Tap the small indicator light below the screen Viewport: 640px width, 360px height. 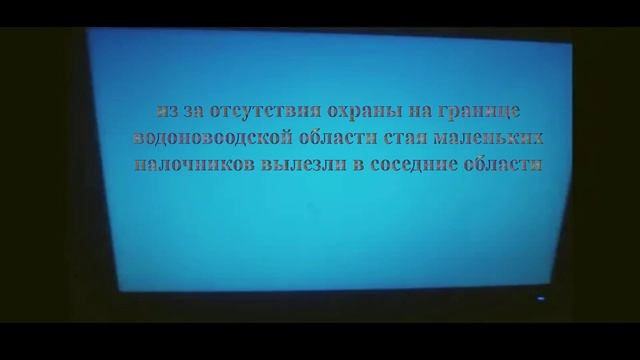(x=540, y=298)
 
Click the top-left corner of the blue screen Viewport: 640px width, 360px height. (x=88, y=29)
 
